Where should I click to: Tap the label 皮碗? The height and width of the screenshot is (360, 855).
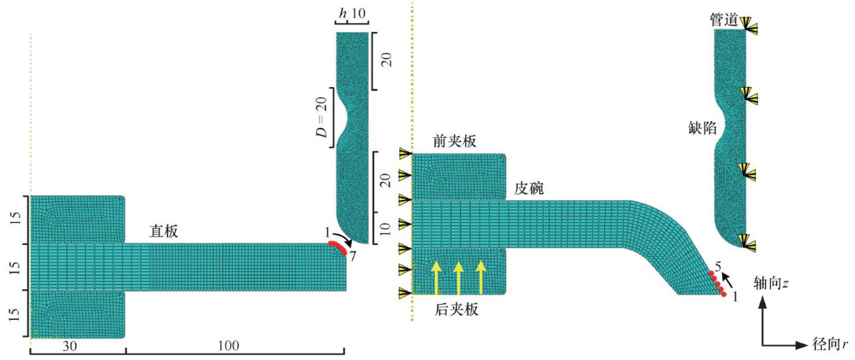pos(529,189)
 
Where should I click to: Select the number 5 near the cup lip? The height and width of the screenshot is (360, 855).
pos(719,268)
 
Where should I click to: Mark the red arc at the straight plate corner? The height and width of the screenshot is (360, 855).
pos(339,248)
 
